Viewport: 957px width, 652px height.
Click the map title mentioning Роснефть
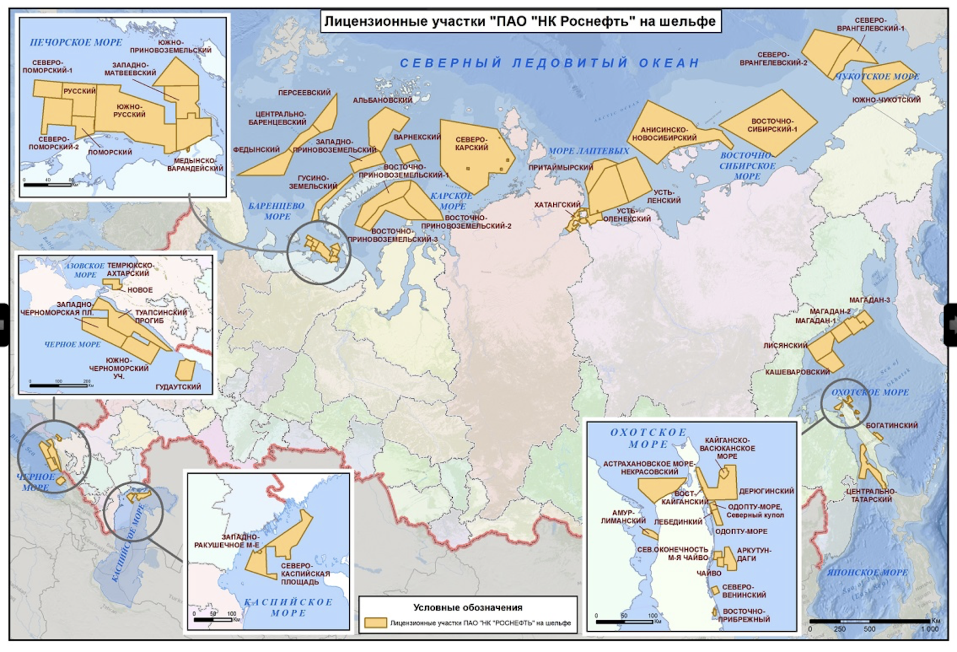click(519, 22)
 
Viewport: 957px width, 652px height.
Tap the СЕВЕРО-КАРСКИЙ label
click(471, 144)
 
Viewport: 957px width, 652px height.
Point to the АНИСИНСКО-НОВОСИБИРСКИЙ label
click(665, 134)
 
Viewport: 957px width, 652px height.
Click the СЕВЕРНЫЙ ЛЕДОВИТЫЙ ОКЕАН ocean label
click(549, 63)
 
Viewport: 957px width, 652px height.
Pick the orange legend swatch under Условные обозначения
click(376, 623)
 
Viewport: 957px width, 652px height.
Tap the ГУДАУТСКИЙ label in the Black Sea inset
click(178, 387)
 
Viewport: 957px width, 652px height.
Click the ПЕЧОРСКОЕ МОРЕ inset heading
click(76, 42)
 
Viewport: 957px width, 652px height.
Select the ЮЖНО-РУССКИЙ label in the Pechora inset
click(130, 111)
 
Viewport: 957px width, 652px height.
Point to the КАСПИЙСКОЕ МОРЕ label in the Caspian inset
click(288, 607)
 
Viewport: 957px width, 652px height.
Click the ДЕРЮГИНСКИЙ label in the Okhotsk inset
click(766, 491)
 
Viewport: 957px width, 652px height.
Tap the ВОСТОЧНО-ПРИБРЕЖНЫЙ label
click(743, 616)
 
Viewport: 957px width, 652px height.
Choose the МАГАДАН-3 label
click(869, 300)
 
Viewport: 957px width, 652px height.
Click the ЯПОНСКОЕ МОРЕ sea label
click(867, 572)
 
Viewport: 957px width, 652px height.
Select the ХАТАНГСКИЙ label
click(557, 205)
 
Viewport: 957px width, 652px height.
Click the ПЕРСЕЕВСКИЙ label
click(304, 93)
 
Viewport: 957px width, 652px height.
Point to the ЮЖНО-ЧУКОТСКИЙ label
click(886, 100)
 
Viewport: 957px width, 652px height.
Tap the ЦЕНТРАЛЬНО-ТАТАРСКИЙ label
click(871, 495)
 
